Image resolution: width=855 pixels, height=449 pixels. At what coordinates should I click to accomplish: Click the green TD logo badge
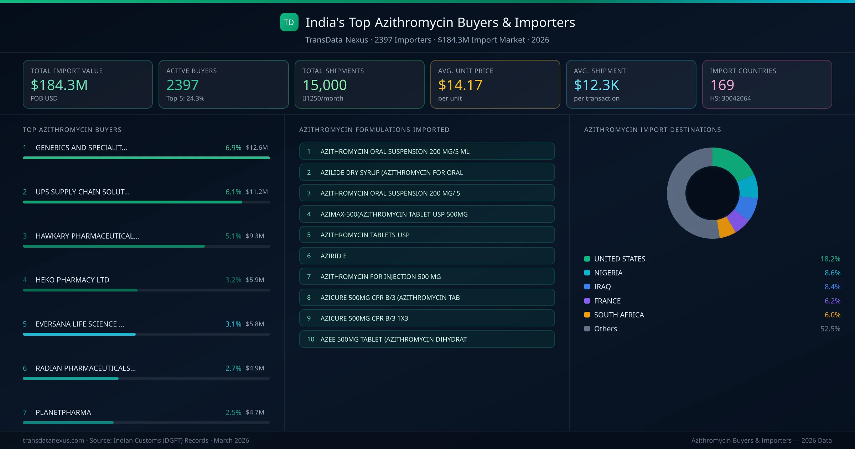[289, 22]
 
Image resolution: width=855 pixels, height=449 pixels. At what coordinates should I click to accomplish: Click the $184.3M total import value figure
[59, 85]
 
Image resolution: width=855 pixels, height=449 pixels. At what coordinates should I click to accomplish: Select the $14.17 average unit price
[460, 85]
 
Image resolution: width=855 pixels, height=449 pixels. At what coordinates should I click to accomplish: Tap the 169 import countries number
[722, 85]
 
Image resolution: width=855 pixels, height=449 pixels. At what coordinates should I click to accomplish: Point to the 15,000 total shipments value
[325, 85]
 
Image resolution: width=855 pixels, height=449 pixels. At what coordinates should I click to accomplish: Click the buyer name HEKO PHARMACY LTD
[72, 280]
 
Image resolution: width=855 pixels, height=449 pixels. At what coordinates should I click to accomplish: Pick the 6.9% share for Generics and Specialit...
[233, 148]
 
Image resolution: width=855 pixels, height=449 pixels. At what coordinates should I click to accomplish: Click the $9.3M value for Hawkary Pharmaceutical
[255, 236]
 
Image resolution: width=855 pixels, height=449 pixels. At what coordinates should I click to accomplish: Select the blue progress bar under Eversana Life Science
[79, 334]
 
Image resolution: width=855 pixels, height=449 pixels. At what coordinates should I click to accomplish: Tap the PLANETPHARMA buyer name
[63, 413]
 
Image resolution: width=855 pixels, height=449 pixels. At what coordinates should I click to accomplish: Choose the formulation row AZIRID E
[427, 256]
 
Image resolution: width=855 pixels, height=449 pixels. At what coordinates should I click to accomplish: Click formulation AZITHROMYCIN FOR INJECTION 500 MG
[427, 277]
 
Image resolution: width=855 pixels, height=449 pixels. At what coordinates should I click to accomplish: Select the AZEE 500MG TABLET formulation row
[427, 339]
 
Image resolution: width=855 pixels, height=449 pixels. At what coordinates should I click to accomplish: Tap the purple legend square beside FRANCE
[587, 301]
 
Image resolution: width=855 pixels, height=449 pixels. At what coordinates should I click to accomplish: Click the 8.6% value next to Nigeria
[832, 273]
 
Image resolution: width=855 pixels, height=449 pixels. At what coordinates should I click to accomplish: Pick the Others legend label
[606, 329]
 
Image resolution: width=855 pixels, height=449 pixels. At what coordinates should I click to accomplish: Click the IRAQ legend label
[602, 287]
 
